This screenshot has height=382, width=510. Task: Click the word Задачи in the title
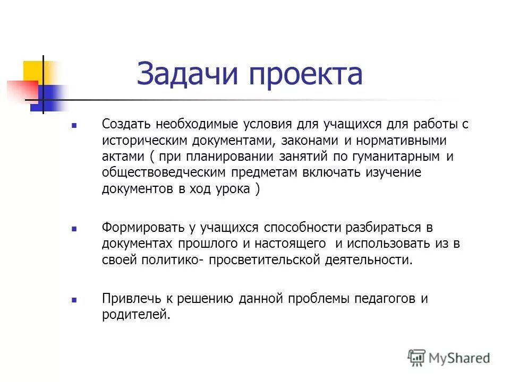pos(185,74)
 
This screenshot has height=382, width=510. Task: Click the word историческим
pos(140,141)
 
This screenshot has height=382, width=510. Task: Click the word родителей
pos(137,315)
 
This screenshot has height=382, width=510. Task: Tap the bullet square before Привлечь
pos(74,300)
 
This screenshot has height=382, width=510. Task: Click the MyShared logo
pos(448,357)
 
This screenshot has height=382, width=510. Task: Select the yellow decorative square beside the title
pos(32,70)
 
